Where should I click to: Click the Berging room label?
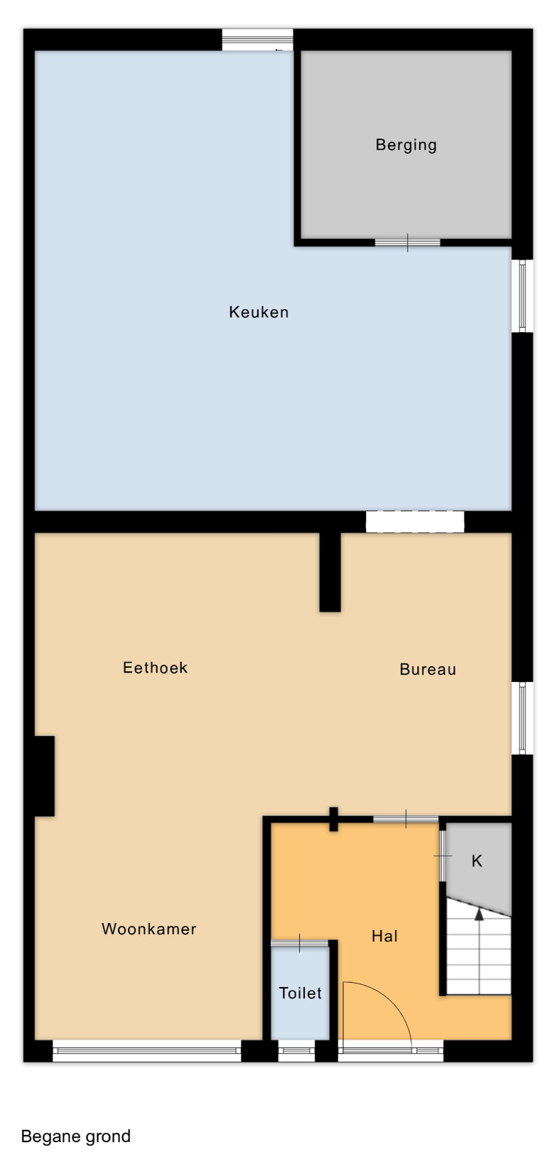pos(406,145)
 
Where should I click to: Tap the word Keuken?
pos(259,312)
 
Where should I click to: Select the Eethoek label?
pos(155,668)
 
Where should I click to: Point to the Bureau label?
pos(428,669)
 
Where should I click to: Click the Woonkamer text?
pos(149,929)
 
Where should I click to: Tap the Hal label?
pos(384,936)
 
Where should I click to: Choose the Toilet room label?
pos(300,993)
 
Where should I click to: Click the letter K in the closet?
pos(477,861)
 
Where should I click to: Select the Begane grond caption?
pos(75,1136)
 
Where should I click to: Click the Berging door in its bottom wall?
pos(407,242)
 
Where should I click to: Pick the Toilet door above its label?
pos(299,943)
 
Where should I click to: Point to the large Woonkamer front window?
pos(147,1051)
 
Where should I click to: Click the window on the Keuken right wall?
pos(522,296)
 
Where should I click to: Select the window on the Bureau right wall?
pos(522,718)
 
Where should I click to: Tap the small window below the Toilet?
pos(296,1051)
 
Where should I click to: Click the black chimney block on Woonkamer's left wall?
pos(44,776)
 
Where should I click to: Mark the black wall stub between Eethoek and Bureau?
pos(330,572)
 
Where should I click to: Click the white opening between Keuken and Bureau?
pos(414,521)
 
